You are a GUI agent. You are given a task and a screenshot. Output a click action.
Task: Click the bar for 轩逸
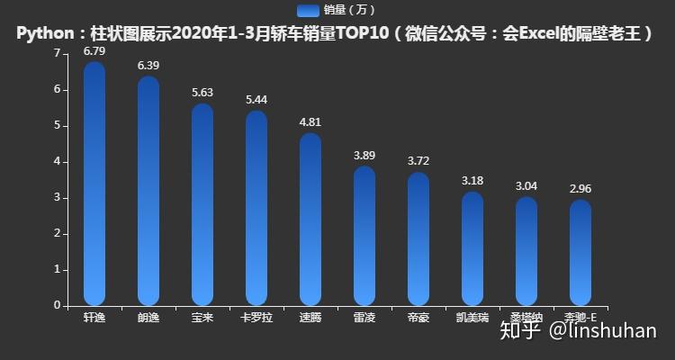click(x=94, y=184)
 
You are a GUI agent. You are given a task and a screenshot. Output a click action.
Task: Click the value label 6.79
click(x=94, y=51)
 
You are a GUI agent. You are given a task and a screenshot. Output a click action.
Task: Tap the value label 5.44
click(x=256, y=100)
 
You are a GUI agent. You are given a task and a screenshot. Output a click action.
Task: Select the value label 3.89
click(x=364, y=156)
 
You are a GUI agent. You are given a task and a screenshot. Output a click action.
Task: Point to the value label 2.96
click(x=580, y=189)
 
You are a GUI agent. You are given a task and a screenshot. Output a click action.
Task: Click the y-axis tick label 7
click(x=57, y=54)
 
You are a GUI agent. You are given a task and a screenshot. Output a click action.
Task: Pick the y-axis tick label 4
click(x=57, y=162)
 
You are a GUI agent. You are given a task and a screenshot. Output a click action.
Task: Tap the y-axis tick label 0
click(x=57, y=305)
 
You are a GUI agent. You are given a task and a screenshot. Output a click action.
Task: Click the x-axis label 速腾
click(x=310, y=318)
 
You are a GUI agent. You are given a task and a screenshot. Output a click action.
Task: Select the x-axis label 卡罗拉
click(x=256, y=318)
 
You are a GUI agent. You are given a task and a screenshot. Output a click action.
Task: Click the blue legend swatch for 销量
click(x=308, y=10)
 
